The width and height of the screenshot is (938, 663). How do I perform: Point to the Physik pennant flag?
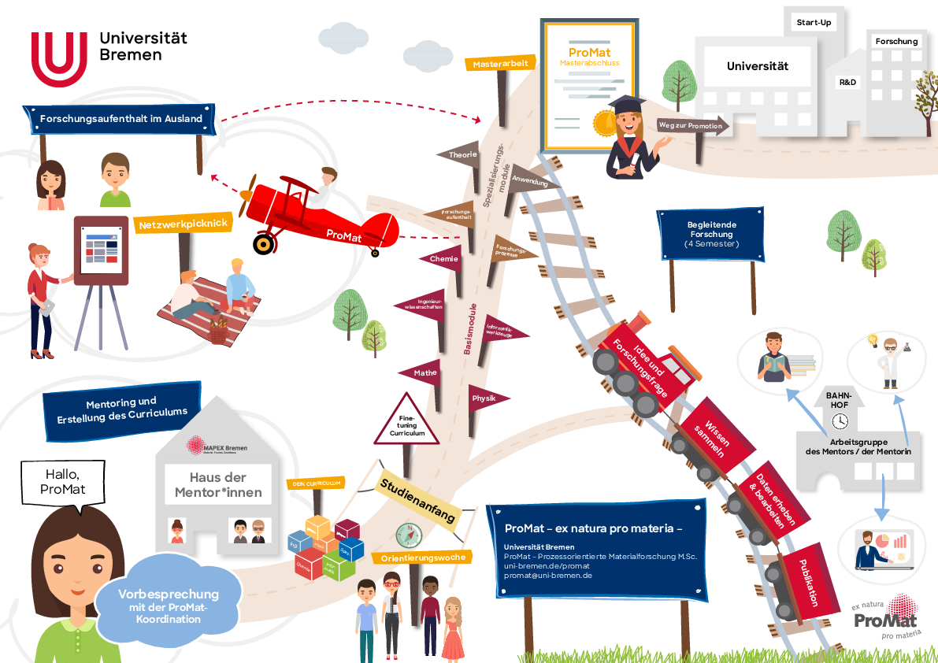tap(486, 398)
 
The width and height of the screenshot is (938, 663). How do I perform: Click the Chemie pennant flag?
tap(443, 258)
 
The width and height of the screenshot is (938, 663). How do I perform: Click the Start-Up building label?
tap(814, 23)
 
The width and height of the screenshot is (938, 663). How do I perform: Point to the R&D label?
tap(847, 82)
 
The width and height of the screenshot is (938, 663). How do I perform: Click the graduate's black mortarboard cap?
tap(625, 104)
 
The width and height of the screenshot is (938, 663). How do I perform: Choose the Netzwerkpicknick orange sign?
tap(183, 224)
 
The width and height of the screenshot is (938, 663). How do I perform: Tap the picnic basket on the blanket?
tap(218, 332)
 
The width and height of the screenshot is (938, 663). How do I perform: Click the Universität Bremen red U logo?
tap(59, 59)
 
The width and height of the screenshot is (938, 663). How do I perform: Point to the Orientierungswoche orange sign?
tap(423, 557)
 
